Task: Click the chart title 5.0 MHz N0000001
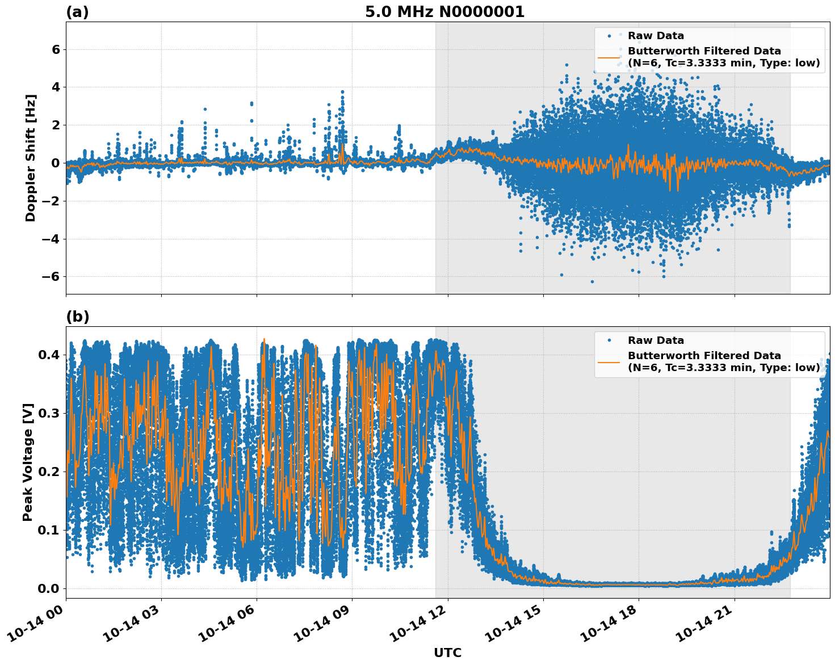tap(444, 12)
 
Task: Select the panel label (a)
tap(77, 12)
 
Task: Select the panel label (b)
tap(77, 317)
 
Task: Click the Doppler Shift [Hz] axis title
tap(31, 158)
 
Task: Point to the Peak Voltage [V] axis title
tap(28, 462)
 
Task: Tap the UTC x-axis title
tap(447, 653)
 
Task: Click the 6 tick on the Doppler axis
tap(56, 50)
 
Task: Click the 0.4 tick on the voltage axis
tap(48, 355)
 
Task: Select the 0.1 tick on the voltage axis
tap(48, 530)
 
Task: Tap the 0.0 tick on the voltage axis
tap(48, 588)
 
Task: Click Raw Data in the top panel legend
tap(656, 36)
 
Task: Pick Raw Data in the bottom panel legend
tap(656, 340)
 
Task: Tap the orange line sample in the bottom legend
tap(609, 361)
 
